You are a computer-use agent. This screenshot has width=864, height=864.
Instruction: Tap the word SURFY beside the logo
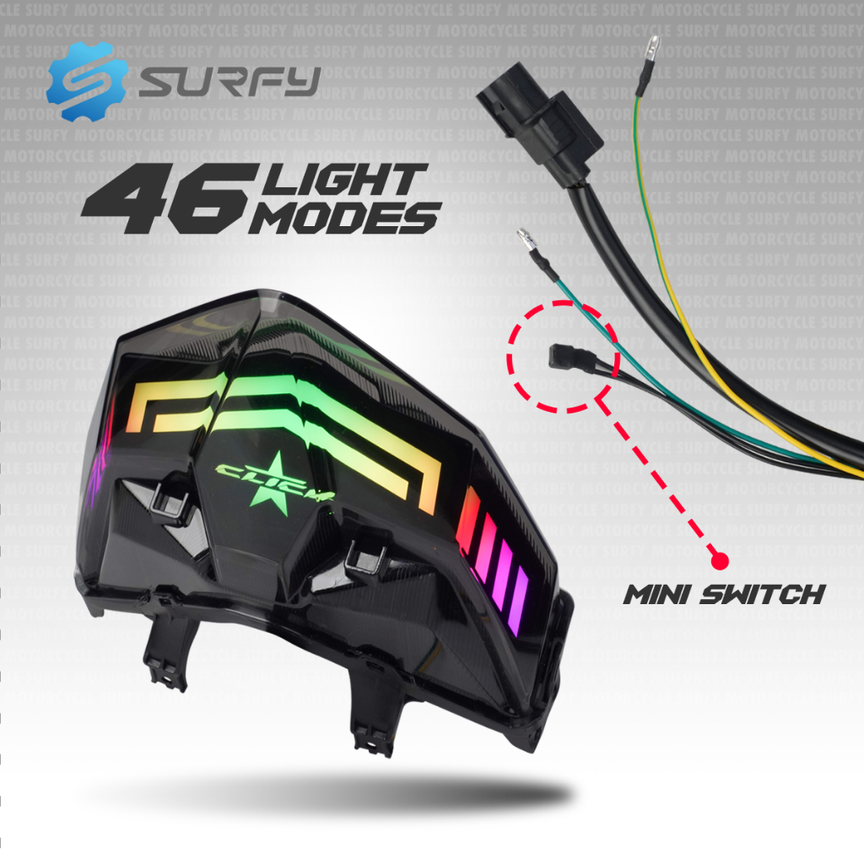click(229, 82)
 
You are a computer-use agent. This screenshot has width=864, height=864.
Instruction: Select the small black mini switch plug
click(564, 355)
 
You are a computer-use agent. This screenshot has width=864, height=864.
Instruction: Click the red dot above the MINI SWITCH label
click(720, 559)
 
